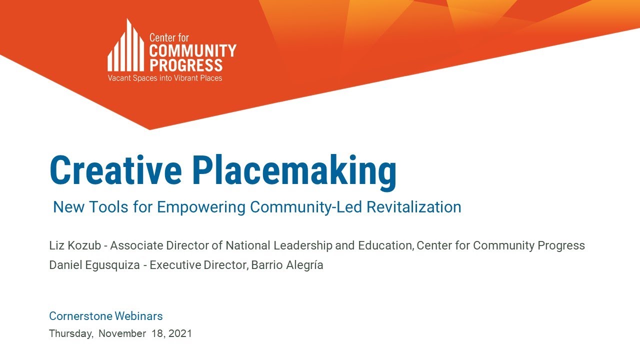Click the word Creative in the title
[x=115, y=170]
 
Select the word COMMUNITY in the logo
[x=192, y=50]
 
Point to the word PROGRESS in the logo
[x=186, y=65]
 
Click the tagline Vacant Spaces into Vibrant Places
[x=165, y=78]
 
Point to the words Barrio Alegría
[x=287, y=265]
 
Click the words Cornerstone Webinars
[x=106, y=316]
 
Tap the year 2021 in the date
[x=180, y=333]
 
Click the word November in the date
[x=122, y=333]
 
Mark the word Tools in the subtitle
[x=110, y=207]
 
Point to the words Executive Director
[x=198, y=265]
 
